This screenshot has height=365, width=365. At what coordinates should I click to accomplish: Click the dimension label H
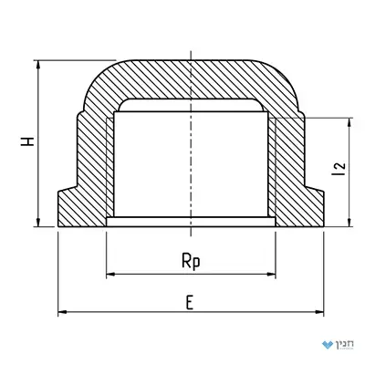[x=27, y=141]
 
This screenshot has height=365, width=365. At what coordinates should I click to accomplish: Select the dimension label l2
[x=339, y=169]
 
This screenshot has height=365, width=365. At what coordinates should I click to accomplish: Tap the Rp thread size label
[x=191, y=261]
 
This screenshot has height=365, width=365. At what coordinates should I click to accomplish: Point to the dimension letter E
[x=190, y=303]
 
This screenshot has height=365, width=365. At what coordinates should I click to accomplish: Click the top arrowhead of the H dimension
[x=38, y=65]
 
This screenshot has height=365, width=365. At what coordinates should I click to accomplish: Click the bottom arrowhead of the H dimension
[x=38, y=223]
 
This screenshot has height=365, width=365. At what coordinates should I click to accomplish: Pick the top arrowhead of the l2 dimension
[x=349, y=122]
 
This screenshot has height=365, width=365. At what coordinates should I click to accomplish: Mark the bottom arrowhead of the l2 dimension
[x=349, y=223]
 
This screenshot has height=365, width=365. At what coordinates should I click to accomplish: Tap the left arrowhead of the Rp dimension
[x=111, y=274]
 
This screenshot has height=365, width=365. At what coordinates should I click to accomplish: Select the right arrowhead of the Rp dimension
[x=271, y=274]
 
